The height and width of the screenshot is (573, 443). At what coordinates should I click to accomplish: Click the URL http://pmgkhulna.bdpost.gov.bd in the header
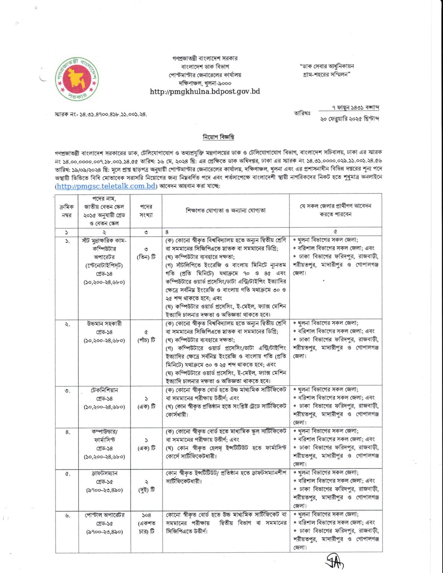tap(205, 92)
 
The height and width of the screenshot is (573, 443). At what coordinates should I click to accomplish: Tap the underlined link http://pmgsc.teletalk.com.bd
tap(106, 186)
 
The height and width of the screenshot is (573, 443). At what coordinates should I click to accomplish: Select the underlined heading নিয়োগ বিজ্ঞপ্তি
tap(218, 137)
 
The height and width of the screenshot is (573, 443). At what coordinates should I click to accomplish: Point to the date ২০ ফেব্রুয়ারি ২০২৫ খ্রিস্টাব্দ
tap(349, 119)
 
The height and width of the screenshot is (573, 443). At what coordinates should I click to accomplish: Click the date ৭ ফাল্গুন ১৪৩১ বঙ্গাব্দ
tap(355, 108)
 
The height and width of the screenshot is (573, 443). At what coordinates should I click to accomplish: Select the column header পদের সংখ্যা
tap(146, 211)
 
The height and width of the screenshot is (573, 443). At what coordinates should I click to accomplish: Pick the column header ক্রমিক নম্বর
tap(66, 211)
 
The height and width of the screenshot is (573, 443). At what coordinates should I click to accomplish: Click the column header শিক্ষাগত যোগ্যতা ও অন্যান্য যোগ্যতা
tap(225, 210)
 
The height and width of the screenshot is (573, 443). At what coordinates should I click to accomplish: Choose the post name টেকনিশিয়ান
tap(104, 390)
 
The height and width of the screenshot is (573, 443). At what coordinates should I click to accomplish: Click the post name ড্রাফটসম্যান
tap(104, 473)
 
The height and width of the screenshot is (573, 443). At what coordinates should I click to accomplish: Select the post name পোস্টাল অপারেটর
tap(104, 515)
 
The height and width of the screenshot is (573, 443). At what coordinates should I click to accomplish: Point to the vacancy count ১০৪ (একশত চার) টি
tap(146, 523)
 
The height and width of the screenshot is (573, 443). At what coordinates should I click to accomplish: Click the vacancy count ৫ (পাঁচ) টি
tap(146, 336)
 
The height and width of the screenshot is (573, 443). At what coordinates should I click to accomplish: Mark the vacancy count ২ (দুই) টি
tap(146, 486)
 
